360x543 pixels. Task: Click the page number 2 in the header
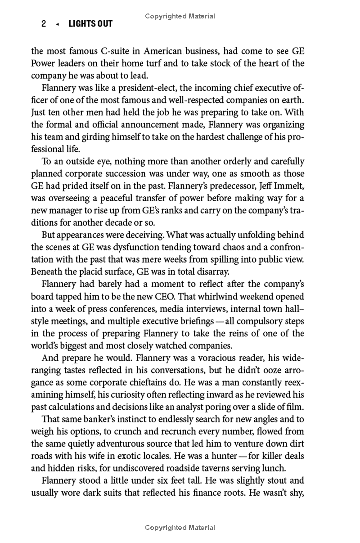[44, 24]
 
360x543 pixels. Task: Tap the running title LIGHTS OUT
[90, 24]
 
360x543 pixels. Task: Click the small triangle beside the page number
[57, 24]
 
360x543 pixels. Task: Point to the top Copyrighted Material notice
[180, 16]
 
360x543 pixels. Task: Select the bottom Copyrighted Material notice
[180, 527]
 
